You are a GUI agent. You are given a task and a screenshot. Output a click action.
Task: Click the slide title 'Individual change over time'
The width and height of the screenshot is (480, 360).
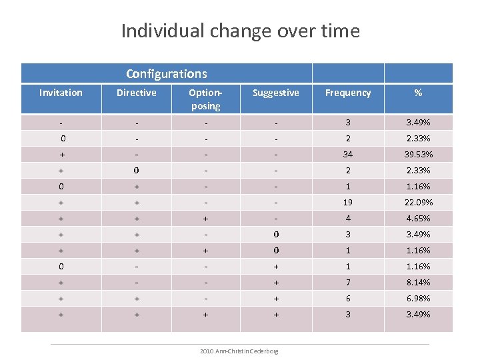pos(240,31)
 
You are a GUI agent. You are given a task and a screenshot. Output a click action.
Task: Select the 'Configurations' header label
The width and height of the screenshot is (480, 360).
pos(166,73)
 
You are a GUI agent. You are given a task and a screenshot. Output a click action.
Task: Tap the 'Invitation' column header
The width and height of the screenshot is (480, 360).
pos(61,93)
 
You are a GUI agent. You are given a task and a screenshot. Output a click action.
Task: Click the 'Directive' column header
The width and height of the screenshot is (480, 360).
pos(136,93)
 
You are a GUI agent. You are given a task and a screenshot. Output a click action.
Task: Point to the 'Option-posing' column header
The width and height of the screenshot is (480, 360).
pos(205,99)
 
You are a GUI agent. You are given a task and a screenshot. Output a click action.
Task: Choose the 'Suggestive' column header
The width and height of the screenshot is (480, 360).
pos(275,93)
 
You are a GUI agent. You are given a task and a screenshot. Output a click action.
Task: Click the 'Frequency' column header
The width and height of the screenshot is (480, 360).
pos(348,93)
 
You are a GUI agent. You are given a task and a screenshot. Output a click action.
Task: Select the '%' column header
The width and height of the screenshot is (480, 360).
pos(418,93)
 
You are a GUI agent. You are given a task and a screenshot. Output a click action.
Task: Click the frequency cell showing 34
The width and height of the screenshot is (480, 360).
pos(348,155)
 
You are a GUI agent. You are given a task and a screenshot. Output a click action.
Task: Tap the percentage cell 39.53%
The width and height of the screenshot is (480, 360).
pos(418,155)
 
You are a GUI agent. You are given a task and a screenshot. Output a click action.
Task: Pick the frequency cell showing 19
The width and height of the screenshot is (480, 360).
pos(348,203)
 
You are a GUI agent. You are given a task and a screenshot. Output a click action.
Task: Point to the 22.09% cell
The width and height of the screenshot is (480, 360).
pos(418,203)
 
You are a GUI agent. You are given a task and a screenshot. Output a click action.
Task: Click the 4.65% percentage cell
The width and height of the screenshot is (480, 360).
pos(418,219)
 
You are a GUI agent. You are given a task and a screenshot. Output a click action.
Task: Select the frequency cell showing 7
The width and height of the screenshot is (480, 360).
pos(348,283)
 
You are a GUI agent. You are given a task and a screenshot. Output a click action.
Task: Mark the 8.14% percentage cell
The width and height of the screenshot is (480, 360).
pos(418,283)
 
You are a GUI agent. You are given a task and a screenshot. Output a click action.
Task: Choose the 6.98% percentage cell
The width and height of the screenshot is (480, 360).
pos(418,299)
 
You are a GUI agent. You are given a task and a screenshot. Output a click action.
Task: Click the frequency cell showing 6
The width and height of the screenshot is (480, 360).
pos(348,299)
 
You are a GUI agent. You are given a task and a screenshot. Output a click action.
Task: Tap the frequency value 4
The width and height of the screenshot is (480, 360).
pos(348,219)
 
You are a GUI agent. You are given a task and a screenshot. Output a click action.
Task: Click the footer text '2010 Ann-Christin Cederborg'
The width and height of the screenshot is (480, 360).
pos(240,351)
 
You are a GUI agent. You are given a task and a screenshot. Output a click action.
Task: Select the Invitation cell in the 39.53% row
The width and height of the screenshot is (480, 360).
pos(62,155)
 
